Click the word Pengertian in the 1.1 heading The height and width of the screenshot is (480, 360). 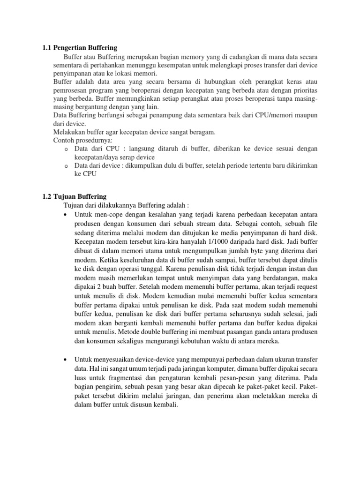tap(71, 48)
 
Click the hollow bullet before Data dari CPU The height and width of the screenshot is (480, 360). tap(66, 149)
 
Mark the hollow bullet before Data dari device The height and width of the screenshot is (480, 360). tap(66, 166)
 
